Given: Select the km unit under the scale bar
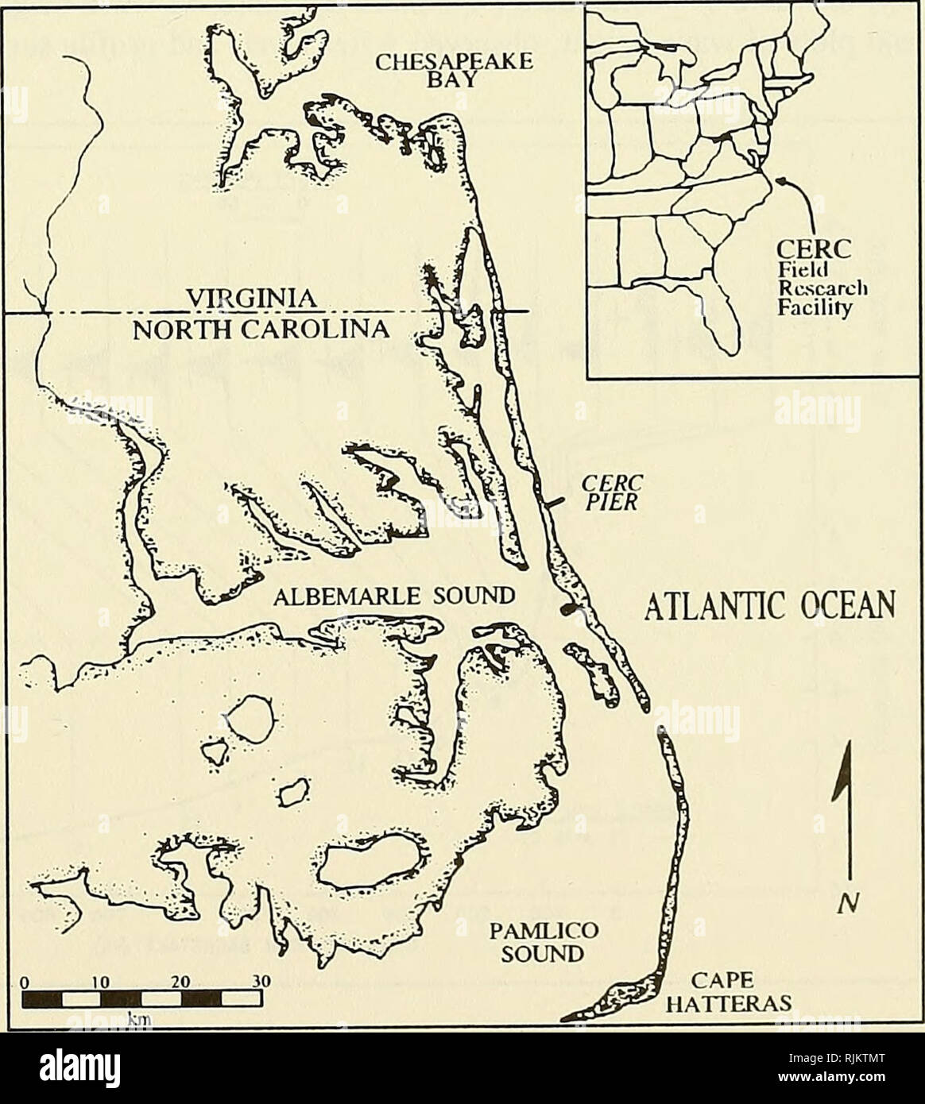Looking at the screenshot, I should coord(140,1017).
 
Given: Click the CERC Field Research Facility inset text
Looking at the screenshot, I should coord(812,281).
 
